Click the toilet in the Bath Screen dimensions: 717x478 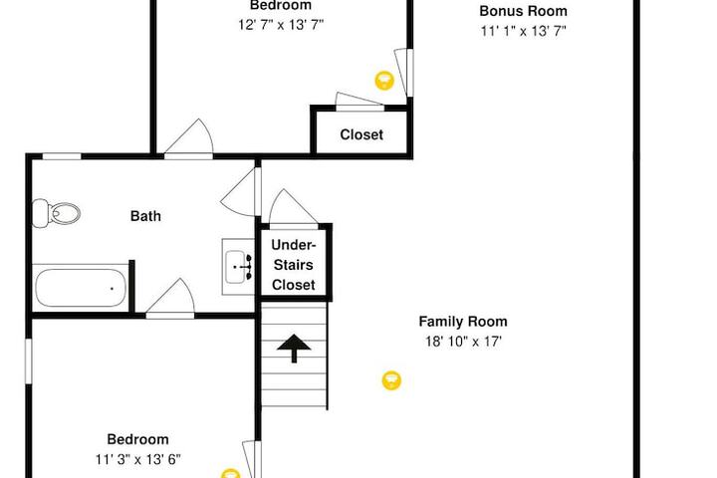[56, 213]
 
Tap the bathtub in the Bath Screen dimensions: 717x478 [81, 288]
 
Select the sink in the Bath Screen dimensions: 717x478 [238, 267]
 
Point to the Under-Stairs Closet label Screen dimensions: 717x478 [293, 265]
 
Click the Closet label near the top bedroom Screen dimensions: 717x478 [361, 134]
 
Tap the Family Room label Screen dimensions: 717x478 [463, 322]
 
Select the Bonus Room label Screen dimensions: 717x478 [523, 11]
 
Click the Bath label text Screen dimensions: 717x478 [145, 216]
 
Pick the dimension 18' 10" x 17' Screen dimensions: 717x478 [463, 342]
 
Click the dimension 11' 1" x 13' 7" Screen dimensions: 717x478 [523, 31]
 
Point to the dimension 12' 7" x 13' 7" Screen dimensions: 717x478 [281, 25]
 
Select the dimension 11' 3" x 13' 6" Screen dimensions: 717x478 [138, 459]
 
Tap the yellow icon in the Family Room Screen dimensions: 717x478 [391, 380]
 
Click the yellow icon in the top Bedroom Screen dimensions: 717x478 [384, 81]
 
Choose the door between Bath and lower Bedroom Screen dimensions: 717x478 [170, 298]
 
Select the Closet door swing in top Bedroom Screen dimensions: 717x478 [359, 102]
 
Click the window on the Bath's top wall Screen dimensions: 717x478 [62, 156]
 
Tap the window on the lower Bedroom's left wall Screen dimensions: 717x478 [28, 360]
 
